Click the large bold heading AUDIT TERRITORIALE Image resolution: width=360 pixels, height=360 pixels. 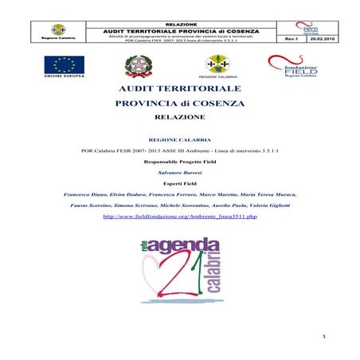tap(180, 90)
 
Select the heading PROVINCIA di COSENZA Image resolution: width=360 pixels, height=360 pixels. tap(180, 104)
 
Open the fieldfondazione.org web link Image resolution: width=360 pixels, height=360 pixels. tap(180, 216)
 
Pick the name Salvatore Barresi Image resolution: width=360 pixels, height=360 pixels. tap(180, 171)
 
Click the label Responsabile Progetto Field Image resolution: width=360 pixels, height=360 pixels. tap(180, 160)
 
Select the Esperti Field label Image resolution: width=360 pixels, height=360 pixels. tap(180, 182)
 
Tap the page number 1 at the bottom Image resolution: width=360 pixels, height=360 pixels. tap(325, 337)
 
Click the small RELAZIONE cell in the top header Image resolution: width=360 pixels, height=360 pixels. tap(180, 25)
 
